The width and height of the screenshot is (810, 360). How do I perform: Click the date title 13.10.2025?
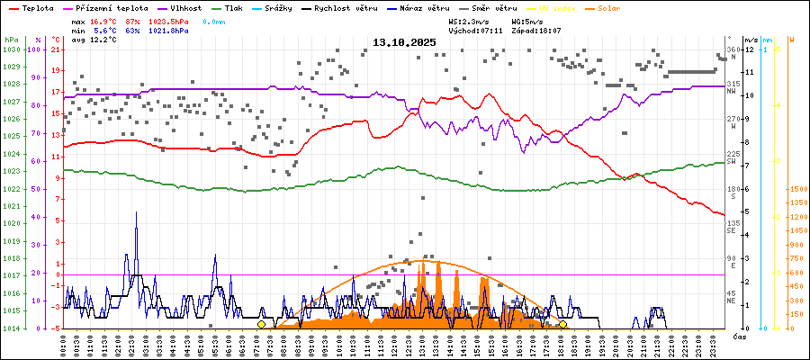click(404, 42)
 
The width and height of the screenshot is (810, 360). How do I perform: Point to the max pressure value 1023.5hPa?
click(168, 20)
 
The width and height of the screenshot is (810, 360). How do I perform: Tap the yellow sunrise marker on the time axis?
click(261, 324)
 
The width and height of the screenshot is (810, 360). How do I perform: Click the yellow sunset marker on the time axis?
click(562, 324)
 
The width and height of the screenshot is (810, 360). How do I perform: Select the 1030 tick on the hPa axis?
click(11, 49)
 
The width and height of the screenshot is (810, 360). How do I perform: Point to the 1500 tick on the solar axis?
click(797, 189)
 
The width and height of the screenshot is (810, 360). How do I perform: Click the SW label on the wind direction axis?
click(733, 161)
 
